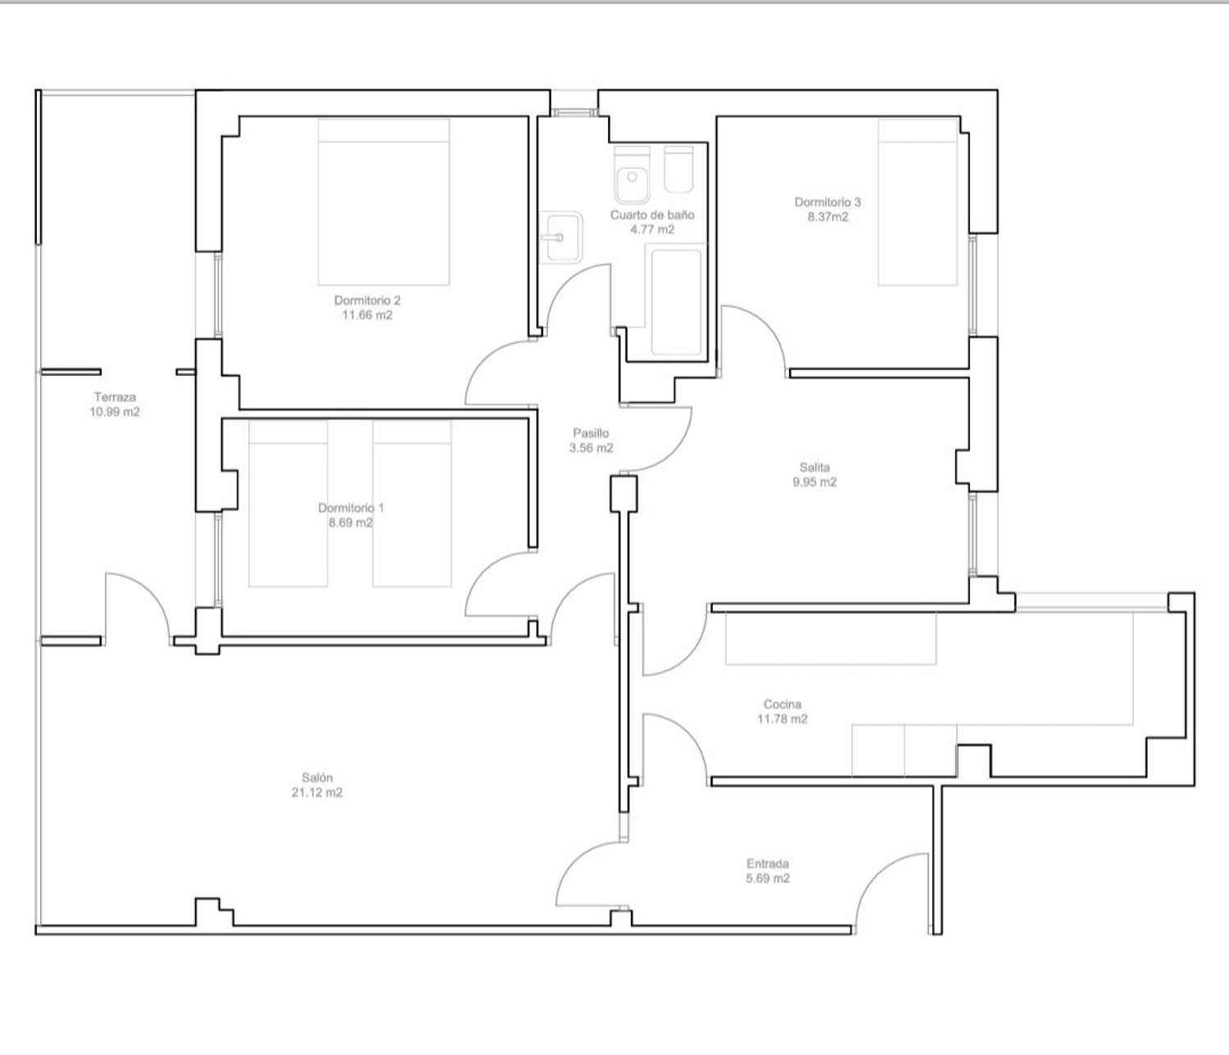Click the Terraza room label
click(x=115, y=396)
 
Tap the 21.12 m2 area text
click(x=317, y=792)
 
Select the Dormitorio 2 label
click(x=367, y=300)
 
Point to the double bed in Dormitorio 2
click(x=383, y=202)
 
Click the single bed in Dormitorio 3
click(x=918, y=202)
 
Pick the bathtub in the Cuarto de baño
click(x=676, y=302)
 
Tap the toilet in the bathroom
click(x=632, y=174)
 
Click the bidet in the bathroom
click(x=678, y=170)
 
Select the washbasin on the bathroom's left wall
click(x=561, y=238)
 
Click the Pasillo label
click(x=591, y=433)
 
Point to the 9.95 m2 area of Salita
click(x=814, y=482)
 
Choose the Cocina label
click(x=782, y=704)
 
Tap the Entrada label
click(x=768, y=863)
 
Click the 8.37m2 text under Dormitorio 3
click(x=828, y=217)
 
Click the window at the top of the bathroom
click(x=574, y=111)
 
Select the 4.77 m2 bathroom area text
click(x=652, y=229)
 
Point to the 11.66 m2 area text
click(x=367, y=315)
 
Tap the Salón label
click(x=317, y=777)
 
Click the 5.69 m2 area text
click(x=768, y=878)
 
